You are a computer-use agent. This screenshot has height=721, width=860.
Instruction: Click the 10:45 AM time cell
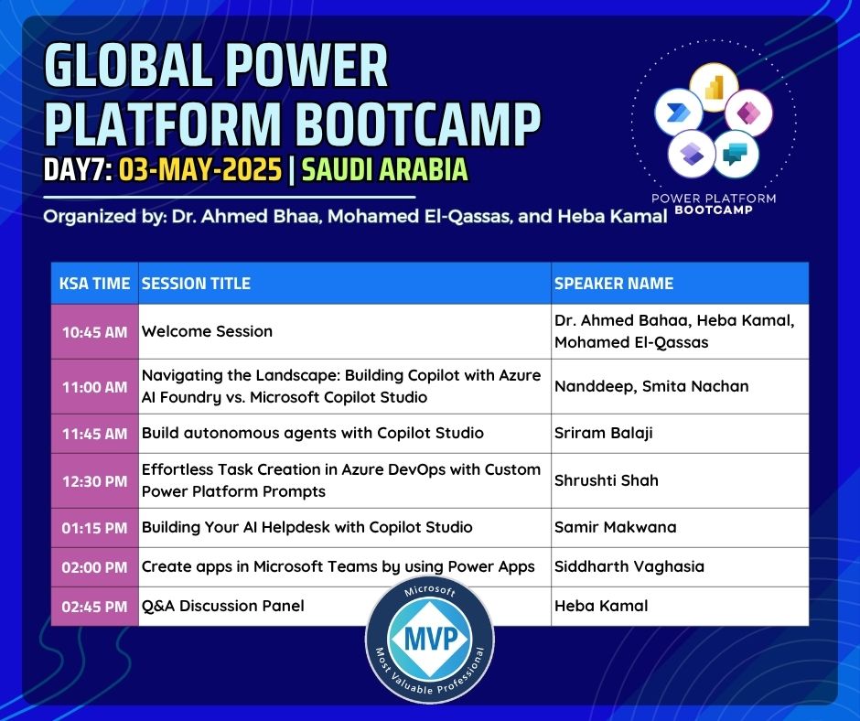tap(94, 332)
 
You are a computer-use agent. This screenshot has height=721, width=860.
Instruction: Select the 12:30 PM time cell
tap(94, 481)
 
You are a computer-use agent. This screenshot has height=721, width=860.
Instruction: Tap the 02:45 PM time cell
tap(94, 607)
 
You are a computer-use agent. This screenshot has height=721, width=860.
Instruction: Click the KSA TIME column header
tap(94, 283)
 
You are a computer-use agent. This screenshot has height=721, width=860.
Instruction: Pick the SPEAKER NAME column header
tap(614, 283)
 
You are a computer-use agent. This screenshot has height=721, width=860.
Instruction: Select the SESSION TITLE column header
tap(196, 283)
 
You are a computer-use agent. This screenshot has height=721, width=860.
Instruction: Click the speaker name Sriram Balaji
tap(603, 434)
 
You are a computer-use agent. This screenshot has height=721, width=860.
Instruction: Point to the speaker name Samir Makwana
tap(616, 527)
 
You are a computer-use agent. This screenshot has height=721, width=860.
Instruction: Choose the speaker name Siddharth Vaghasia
tap(629, 566)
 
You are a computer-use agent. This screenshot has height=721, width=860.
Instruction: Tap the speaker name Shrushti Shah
tap(606, 480)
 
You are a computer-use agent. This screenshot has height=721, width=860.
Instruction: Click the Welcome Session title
tap(207, 331)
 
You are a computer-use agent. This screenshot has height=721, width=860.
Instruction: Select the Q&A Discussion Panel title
tap(222, 606)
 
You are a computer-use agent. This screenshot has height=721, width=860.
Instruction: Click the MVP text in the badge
tap(431, 639)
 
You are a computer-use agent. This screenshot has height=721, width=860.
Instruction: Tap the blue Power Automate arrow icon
tap(678, 113)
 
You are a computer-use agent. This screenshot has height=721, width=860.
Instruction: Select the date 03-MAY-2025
tap(200, 169)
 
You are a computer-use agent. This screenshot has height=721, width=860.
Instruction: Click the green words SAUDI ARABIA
tap(384, 169)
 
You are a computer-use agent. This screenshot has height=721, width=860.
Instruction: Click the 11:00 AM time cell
tap(94, 387)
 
